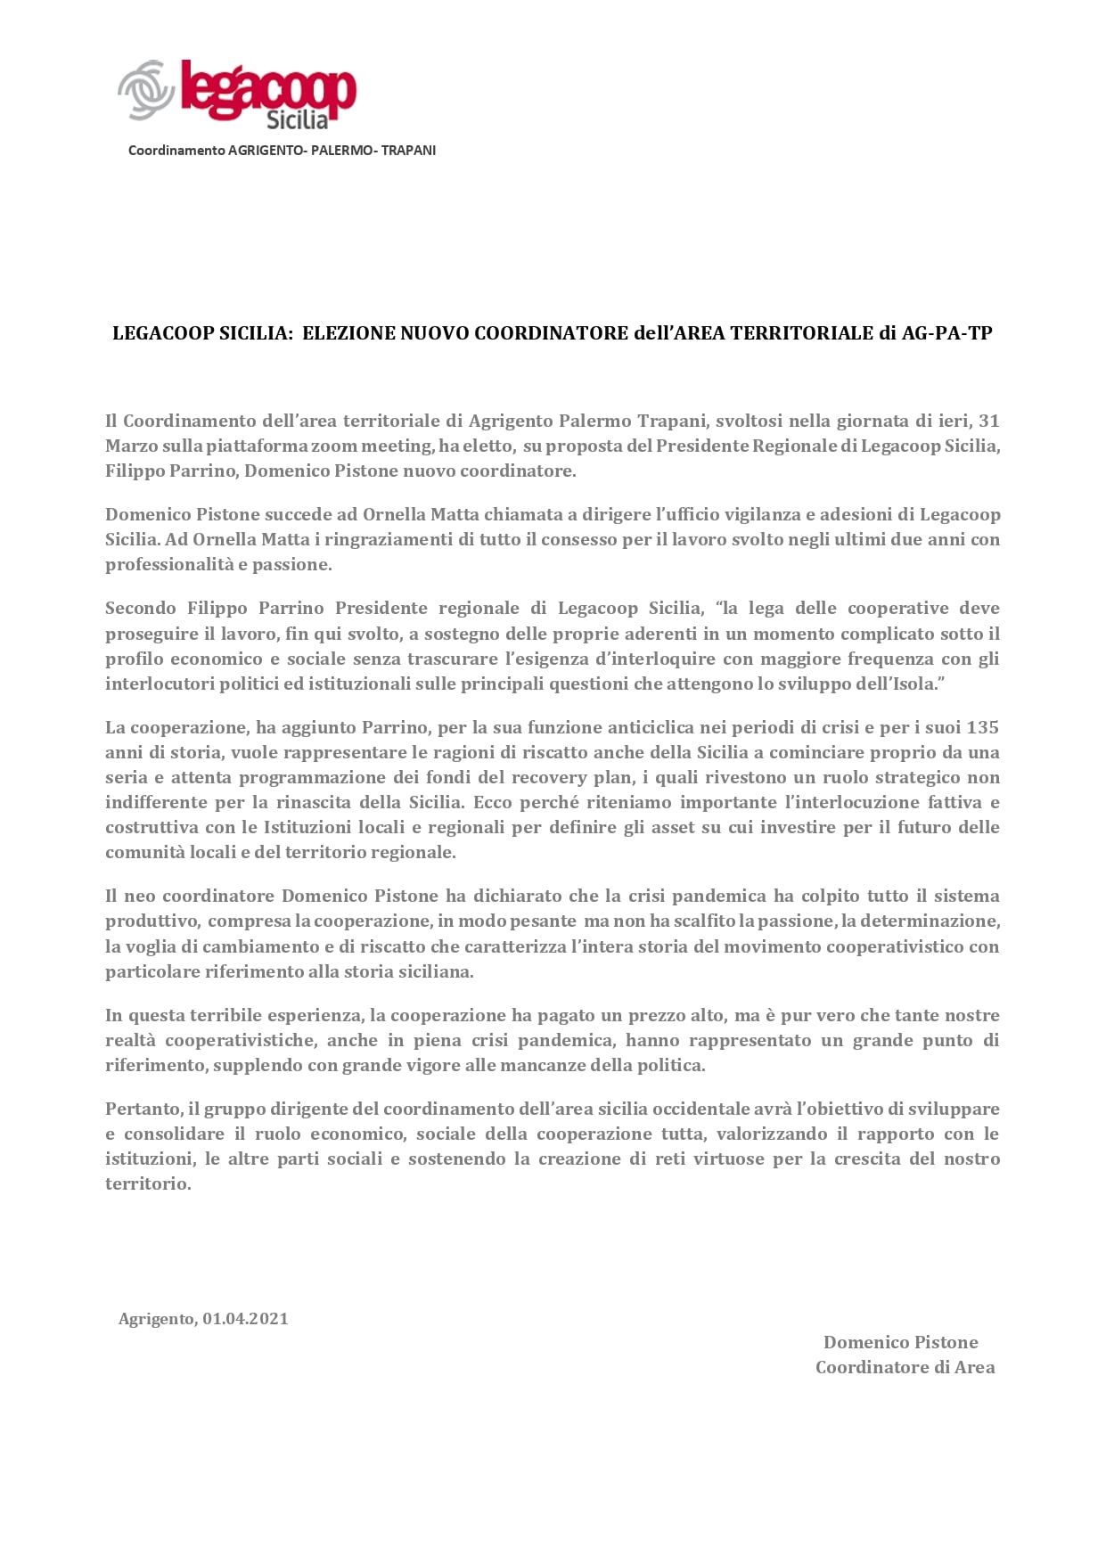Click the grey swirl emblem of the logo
145,89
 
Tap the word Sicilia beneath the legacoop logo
297,119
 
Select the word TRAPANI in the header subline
408,151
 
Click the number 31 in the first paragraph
988,421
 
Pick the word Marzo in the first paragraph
131,446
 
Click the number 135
982,727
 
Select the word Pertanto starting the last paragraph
143,1109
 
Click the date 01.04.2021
245,1319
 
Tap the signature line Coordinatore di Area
905,1367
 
